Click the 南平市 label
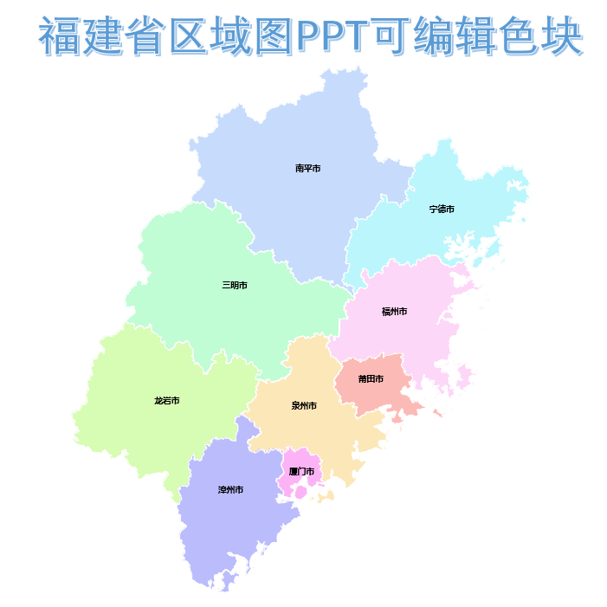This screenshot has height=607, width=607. [307, 168]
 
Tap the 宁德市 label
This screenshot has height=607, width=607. [442, 210]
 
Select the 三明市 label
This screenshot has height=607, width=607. [235, 285]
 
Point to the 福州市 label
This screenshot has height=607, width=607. [394, 312]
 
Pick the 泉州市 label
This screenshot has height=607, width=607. [304, 405]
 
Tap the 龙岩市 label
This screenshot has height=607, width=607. [166, 401]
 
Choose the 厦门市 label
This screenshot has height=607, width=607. [301, 472]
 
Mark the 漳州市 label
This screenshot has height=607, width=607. [230, 490]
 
